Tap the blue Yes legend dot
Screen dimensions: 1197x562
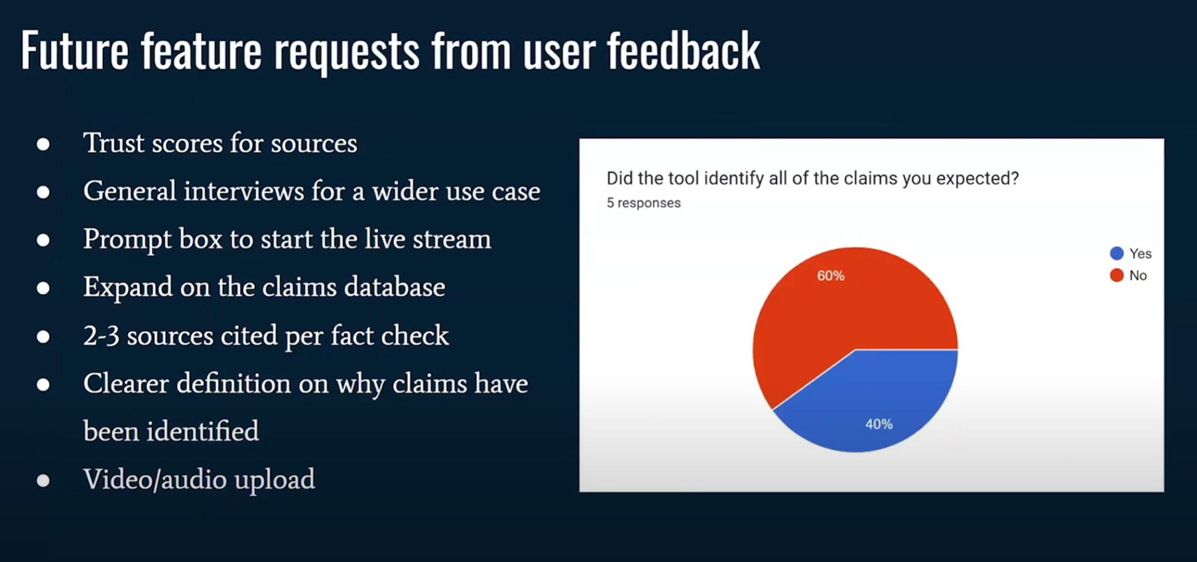pos(1116,253)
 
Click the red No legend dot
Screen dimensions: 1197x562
pos(1116,275)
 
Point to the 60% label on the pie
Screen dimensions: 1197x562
pos(831,275)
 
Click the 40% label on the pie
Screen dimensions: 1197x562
pos(878,424)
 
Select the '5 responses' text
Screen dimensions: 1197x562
pos(644,203)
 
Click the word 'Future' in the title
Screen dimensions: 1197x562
pos(75,51)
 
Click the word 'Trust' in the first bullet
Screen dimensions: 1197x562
pos(113,143)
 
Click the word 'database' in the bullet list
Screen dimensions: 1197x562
pos(395,287)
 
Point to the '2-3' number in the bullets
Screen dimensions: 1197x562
pos(101,336)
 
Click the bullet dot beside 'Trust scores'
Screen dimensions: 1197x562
pos(43,144)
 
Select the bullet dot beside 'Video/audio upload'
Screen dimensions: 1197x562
pos(43,480)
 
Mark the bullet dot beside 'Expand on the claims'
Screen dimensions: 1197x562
pos(43,288)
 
